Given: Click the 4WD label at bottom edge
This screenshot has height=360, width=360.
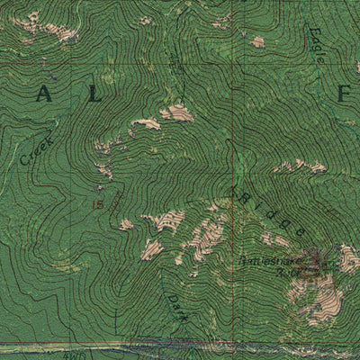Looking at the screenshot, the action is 72,355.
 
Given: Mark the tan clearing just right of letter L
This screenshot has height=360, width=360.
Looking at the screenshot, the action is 176,112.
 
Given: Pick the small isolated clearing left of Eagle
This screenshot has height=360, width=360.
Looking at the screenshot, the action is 257,41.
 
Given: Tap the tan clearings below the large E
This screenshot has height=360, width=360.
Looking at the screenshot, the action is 301,166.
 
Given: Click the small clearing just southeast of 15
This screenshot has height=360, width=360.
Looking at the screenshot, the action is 126,223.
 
